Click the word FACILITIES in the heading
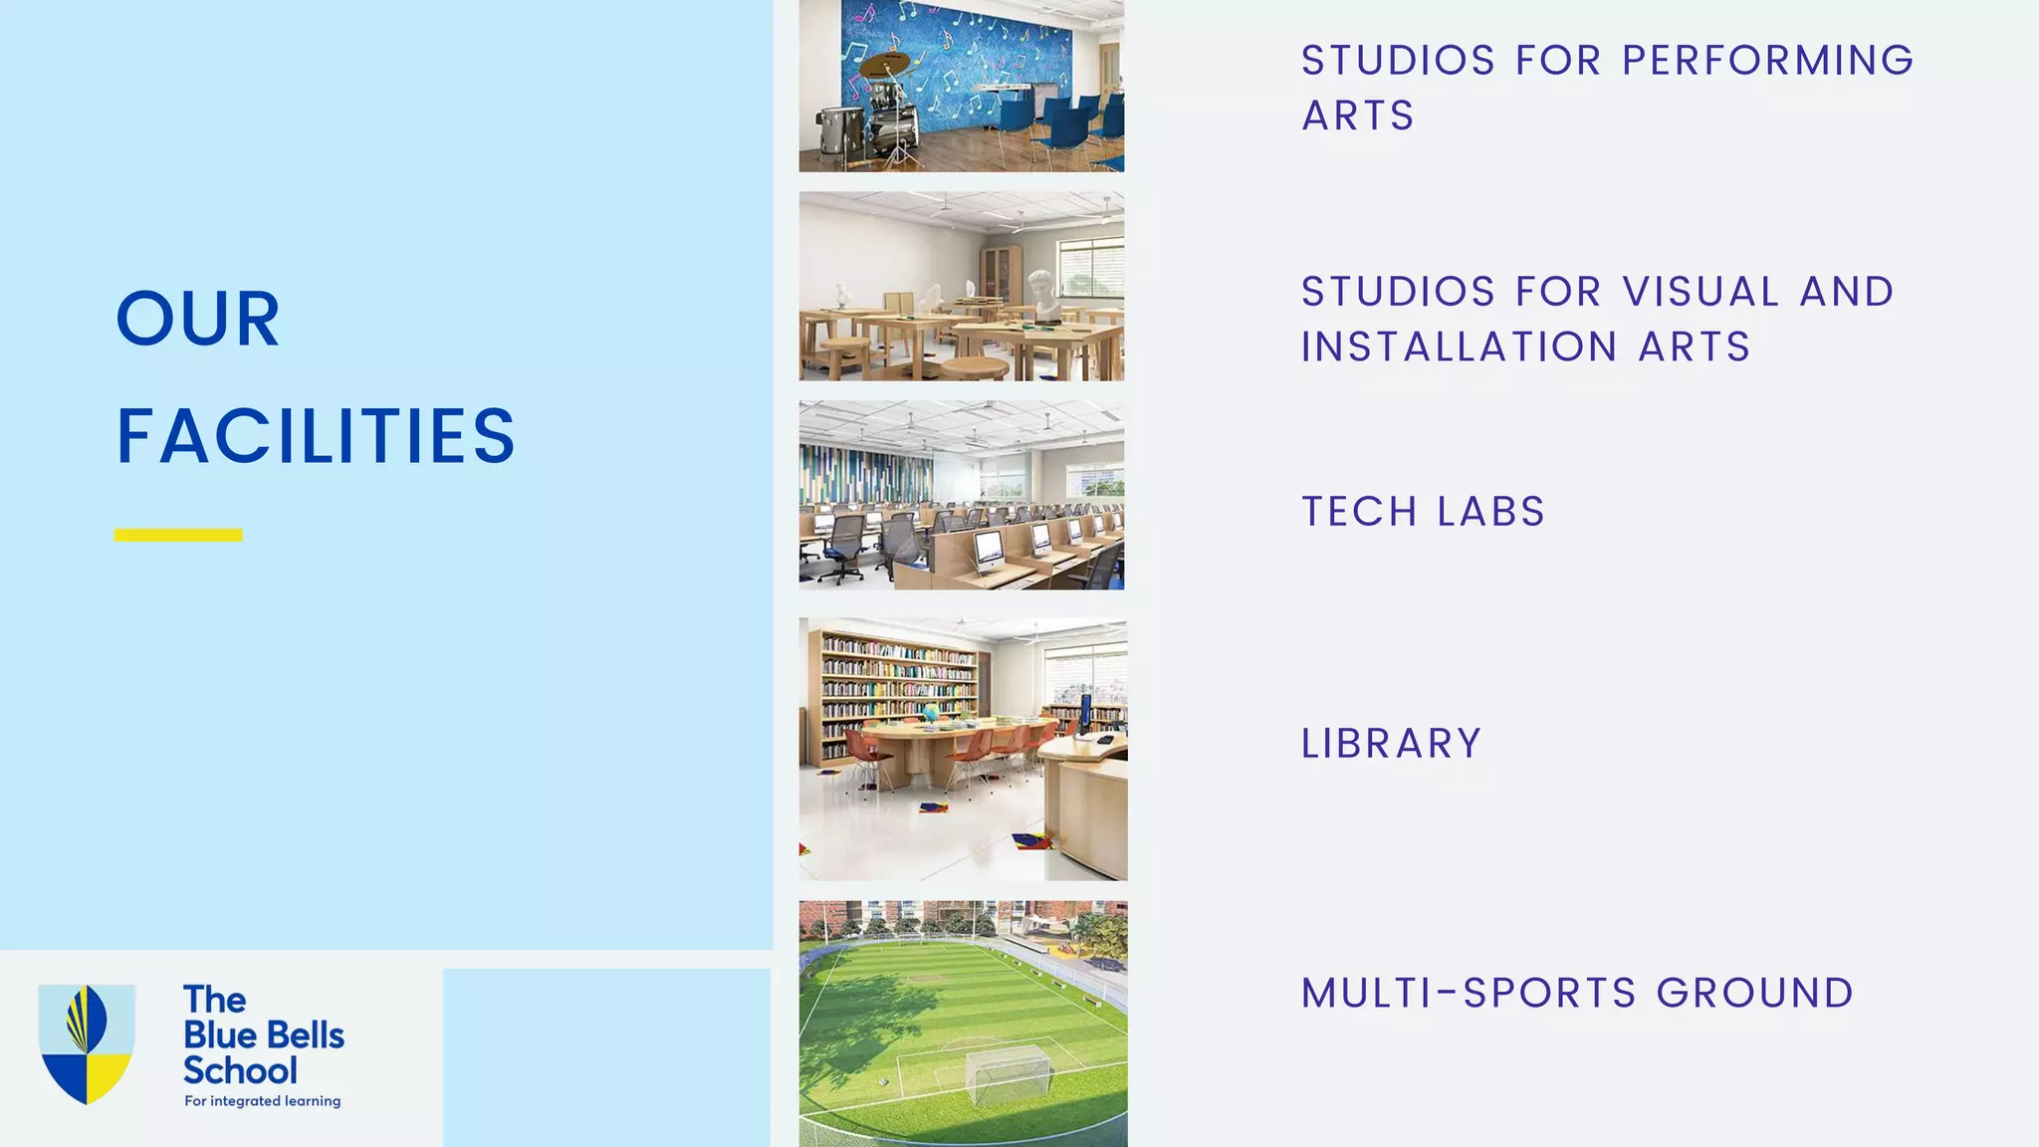[316, 436]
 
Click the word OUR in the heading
[198, 320]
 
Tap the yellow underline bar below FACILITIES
[178, 535]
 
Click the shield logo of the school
[87, 1043]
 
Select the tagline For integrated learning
[263, 1101]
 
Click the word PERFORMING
[1767, 61]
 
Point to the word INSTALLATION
[1459, 347]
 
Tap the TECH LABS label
[1423, 512]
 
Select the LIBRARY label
[1392, 744]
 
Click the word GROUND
[1755, 994]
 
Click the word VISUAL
[1700, 293]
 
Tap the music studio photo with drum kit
[962, 86]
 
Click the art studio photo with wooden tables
[962, 286]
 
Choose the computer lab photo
[962, 495]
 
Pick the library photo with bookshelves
[963, 749]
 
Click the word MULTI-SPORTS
[1469, 994]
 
